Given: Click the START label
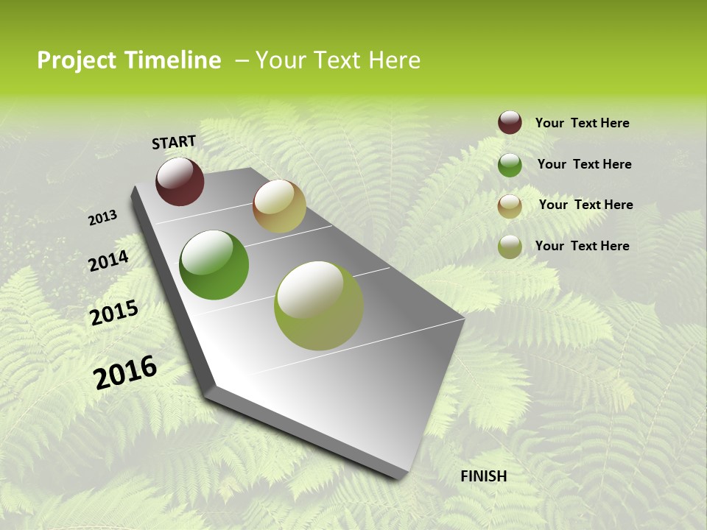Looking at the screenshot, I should click(x=174, y=142).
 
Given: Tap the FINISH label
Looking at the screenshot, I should click(x=484, y=476).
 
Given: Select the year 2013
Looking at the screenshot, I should click(x=102, y=218).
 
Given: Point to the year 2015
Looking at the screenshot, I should click(x=114, y=313).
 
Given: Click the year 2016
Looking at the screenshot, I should click(x=125, y=372).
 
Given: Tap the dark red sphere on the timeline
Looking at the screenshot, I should click(x=180, y=182).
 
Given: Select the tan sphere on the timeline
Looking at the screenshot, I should click(x=279, y=206).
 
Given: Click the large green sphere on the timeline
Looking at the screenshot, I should click(x=214, y=265).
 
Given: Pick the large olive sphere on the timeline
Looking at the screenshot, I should click(x=319, y=305).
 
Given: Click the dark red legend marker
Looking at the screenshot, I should click(x=510, y=123).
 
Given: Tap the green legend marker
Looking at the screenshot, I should click(x=510, y=165).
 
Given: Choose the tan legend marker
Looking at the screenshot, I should click(x=510, y=206).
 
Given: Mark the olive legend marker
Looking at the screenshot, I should click(x=510, y=247).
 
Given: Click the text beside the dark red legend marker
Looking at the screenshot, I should click(x=582, y=123).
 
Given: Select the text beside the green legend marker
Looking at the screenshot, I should click(x=584, y=164).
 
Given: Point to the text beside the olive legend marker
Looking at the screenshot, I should click(x=582, y=246).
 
